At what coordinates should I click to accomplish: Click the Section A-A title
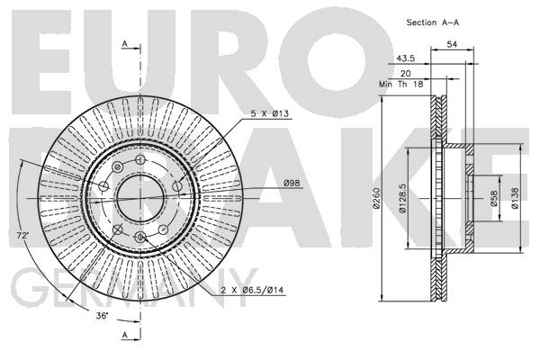433,22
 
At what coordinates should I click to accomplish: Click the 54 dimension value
452,44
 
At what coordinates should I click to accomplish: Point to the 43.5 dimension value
405,58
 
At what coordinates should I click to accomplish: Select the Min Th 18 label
400,84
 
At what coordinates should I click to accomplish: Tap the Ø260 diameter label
376,198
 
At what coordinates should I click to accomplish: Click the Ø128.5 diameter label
402,198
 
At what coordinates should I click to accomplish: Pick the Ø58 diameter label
494,199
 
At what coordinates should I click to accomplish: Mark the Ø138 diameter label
515,198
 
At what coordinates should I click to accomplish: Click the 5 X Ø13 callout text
269,113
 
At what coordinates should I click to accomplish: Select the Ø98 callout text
292,184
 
